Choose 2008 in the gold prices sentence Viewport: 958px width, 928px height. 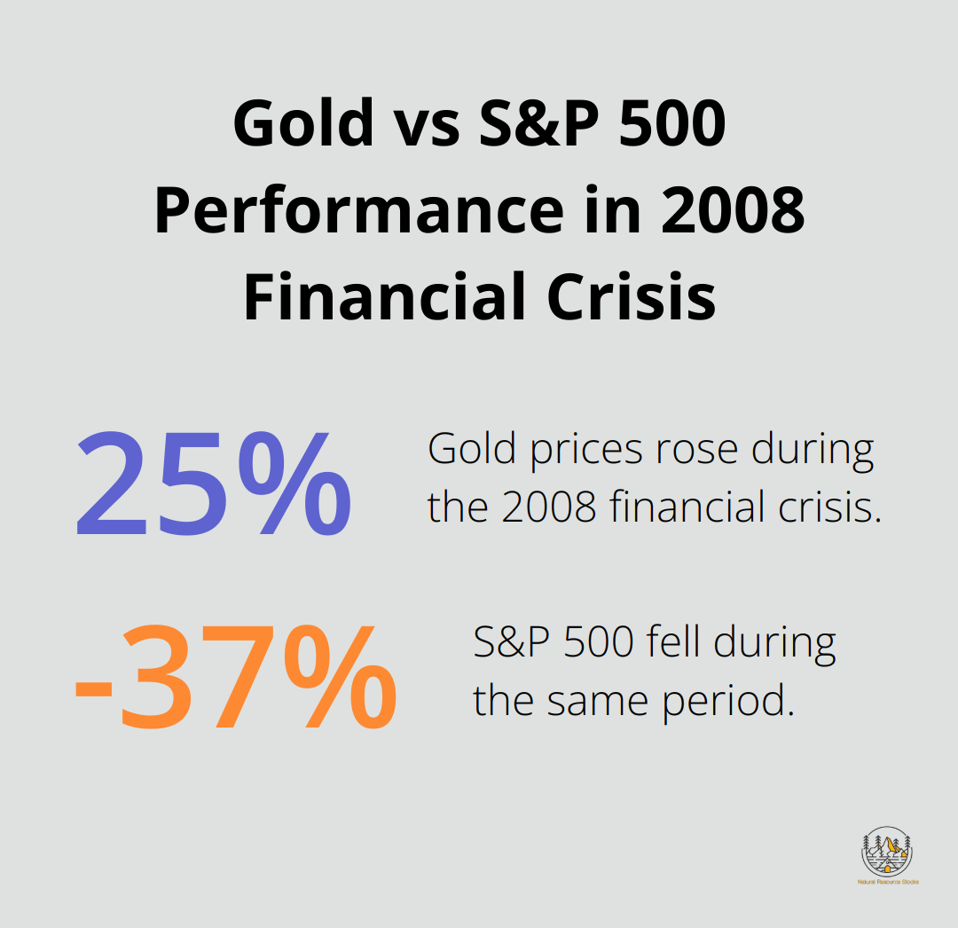click(x=546, y=508)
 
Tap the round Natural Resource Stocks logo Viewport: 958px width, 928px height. click(x=887, y=853)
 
